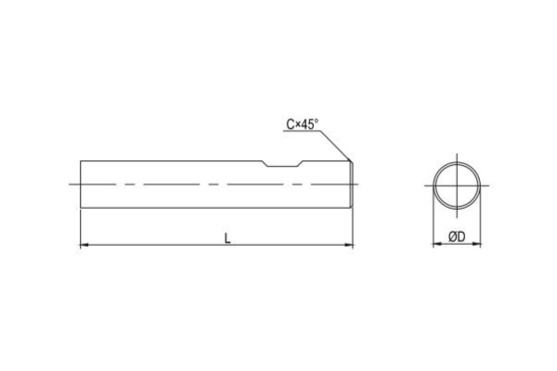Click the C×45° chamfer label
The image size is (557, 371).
[x=303, y=124]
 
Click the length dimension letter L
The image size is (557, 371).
[x=227, y=237]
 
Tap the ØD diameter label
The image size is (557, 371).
[x=457, y=237]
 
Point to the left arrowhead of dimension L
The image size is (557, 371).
[x=85, y=246]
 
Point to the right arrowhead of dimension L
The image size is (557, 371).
[x=350, y=246]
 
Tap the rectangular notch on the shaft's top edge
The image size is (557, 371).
[x=282, y=165]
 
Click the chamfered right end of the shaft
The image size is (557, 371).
[x=353, y=184]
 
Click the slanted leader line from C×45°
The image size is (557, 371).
[x=337, y=144]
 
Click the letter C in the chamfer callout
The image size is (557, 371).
[x=290, y=124]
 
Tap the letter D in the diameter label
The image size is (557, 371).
[x=462, y=237]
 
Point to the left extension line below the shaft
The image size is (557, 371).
[x=81, y=227]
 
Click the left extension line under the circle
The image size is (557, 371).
[x=434, y=223]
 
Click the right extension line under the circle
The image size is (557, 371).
[x=485, y=223]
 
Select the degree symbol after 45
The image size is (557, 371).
[x=317, y=121]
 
